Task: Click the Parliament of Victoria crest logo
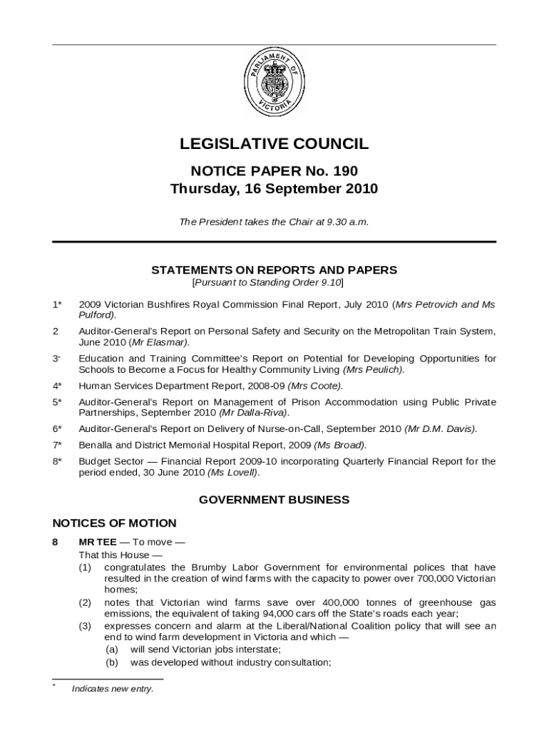(274, 83)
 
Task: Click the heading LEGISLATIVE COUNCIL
(274, 145)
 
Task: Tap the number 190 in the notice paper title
(344, 171)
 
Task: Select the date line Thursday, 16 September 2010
(274, 190)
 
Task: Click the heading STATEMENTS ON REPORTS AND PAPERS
(274, 270)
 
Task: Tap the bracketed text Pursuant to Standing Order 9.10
(268, 282)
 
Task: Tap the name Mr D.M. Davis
(441, 428)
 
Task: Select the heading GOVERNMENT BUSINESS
(274, 500)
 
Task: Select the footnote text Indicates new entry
(113, 689)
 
